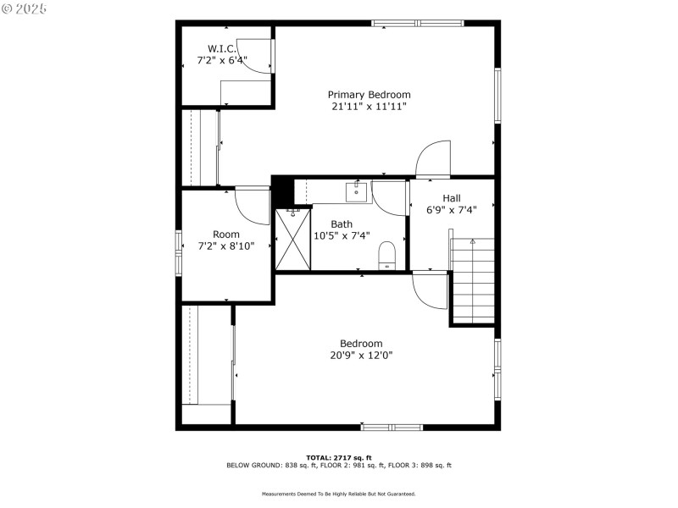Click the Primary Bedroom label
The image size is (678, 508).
click(369, 95)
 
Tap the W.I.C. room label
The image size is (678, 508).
click(221, 49)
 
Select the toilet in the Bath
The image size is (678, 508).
click(387, 254)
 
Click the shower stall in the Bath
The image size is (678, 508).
click(292, 239)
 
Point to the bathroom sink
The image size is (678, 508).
click(357, 193)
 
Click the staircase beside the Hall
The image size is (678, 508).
click(473, 279)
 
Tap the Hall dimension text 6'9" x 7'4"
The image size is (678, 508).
click(452, 210)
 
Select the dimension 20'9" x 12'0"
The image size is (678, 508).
click(361, 356)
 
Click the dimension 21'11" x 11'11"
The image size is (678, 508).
click(369, 107)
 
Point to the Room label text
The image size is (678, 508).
click(225, 235)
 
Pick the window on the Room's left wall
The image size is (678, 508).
click(179, 252)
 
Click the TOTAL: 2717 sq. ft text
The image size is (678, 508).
click(338, 457)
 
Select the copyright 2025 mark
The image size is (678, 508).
click(25, 8)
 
